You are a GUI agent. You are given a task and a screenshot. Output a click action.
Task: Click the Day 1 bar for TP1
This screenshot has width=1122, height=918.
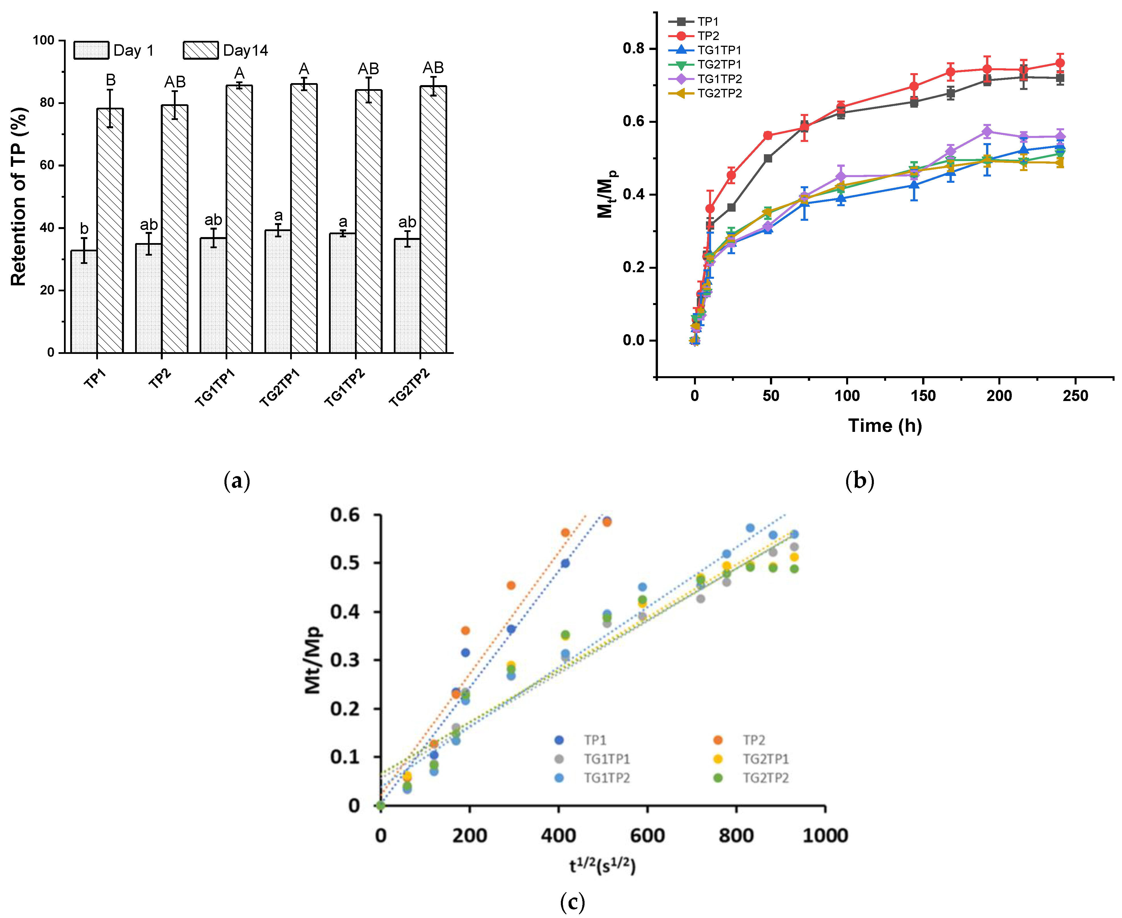[x=84, y=301]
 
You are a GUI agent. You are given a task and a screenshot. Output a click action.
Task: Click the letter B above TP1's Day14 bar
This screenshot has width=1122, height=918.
[x=111, y=80]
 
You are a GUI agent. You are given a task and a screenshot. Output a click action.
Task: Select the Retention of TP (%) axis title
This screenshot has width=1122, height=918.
[x=19, y=197]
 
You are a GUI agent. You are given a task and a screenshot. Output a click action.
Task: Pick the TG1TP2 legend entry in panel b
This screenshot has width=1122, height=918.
[x=719, y=79]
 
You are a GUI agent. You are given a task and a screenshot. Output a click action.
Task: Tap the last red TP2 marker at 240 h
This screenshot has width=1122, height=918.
[x=1060, y=63]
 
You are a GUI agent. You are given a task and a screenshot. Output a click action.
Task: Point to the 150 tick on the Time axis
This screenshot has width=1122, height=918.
[x=923, y=396]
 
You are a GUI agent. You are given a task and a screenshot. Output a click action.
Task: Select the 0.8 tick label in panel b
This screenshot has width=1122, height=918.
[x=633, y=49]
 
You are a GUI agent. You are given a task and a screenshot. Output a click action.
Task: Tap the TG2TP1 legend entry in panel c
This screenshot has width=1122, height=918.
[x=765, y=759]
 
